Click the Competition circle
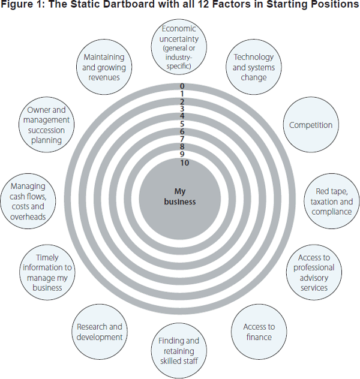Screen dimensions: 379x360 (x=311, y=125)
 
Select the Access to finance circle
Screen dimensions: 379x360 (x=259, y=332)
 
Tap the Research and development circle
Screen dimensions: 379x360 (x=100, y=332)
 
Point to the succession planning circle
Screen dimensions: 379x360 (x=48, y=125)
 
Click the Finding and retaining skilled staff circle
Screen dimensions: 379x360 (x=179, y=351)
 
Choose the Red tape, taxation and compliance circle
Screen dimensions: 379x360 (x=330, y=201)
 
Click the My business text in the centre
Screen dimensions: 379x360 (x=180, y=197)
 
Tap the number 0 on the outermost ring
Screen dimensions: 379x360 (x=181, y=86)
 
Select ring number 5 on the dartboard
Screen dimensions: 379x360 (x=181, y=124)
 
